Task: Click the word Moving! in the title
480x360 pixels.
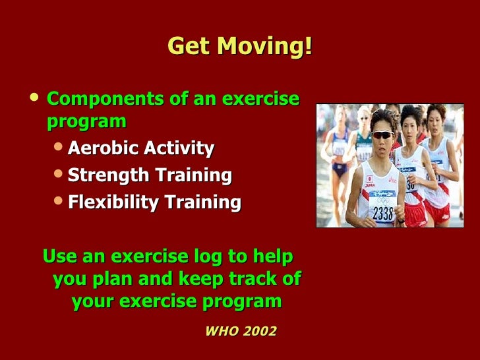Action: click(265, 47)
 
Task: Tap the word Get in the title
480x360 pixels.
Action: click(189, 46)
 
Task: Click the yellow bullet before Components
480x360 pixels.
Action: click(34, 97)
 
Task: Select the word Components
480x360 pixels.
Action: click(105, 100)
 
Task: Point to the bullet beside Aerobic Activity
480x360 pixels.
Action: click(58, 146)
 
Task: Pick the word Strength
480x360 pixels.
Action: click(108, 175)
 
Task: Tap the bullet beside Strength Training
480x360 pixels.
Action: click(58, 173)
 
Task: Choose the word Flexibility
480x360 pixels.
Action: click(113, 202)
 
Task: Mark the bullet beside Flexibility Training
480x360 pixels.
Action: click(58, 201)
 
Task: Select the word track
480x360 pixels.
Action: click(254, 278)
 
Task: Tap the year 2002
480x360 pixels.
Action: click(260, 331)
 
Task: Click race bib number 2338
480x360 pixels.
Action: click(383, 213)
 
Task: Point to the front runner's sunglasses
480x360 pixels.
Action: click(382, 135)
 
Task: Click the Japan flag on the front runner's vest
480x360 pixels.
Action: click(369, 179)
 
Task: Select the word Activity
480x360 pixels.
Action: click(179, 148)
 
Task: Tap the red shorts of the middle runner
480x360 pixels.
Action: click(415, 214)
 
